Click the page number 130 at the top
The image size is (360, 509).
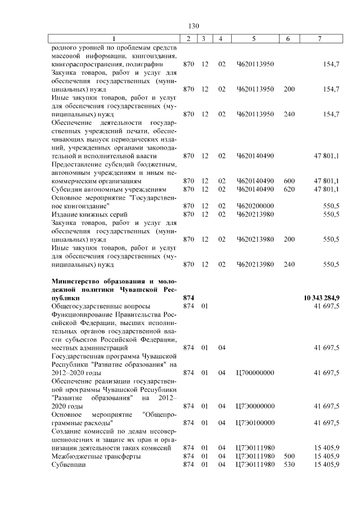(x=194, y=26)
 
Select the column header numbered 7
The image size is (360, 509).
(x=319, y=39)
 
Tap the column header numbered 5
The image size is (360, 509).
(x=254, y=39)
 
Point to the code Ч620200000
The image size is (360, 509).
(x=255, y=206)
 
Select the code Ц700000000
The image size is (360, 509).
(x=255, y=372)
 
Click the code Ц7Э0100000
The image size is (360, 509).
(x=255, y=422)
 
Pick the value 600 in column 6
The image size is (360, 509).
(x=289, y=181)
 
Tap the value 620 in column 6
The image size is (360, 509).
(x=289, y=190)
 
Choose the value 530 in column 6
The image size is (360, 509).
(x=289, y=465)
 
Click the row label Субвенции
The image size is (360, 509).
(x=68, y=465)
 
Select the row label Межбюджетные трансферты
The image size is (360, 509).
(x=96, y=456)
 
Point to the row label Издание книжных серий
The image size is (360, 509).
(x=89, y=214)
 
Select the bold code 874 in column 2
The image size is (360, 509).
(x=189, y=297)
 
